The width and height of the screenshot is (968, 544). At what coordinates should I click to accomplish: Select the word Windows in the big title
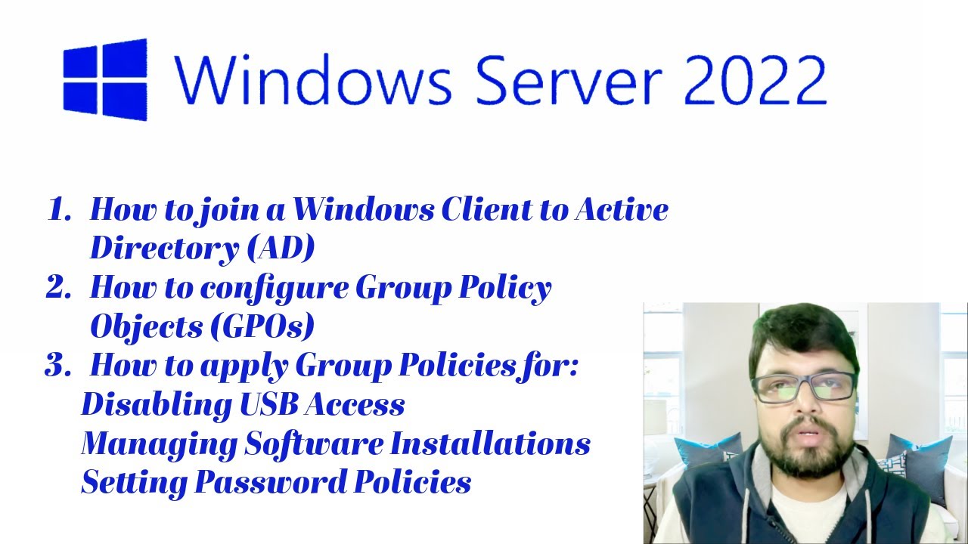click(313, 80)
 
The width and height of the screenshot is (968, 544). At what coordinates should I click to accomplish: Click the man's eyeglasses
click(805, 387)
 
